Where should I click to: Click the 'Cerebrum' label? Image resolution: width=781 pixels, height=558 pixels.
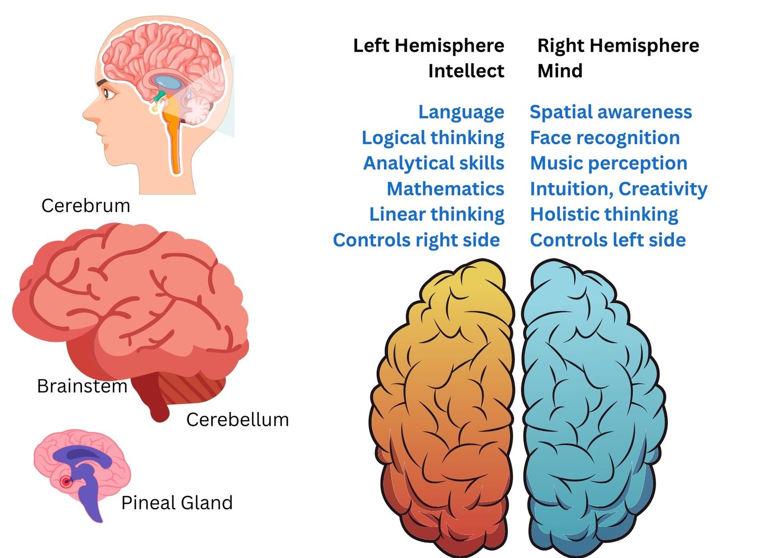86,206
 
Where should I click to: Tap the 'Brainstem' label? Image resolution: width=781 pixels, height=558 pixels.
82,386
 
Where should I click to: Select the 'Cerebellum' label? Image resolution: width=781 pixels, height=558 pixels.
238,419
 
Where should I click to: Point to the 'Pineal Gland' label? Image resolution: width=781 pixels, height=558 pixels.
177,503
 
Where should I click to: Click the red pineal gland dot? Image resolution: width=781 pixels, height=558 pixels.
65,482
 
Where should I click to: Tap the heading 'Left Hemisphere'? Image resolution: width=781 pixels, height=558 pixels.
429,46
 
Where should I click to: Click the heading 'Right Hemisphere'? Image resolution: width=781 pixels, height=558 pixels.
618,46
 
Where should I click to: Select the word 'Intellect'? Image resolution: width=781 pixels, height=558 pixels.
466,71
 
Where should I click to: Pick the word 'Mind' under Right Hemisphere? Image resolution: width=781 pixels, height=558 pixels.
560,71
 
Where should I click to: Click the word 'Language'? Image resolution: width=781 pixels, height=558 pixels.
461,112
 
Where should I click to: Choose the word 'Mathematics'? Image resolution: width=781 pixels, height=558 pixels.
446,189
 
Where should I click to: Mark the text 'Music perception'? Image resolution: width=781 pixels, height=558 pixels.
609,164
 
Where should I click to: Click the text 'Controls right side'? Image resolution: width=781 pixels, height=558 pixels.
416,240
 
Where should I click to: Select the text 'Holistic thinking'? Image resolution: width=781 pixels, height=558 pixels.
604,215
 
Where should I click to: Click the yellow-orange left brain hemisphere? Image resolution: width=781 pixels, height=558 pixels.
443,408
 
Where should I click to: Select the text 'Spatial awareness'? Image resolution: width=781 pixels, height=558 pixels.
611,112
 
